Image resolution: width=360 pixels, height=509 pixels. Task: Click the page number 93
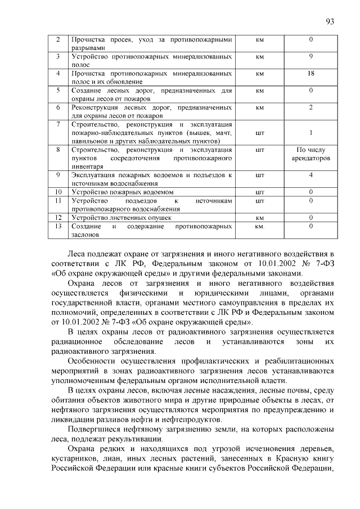(x=330, y=21)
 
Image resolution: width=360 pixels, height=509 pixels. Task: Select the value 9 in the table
(x=310, y=57)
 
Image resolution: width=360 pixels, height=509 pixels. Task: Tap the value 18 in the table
(x=310, y=73)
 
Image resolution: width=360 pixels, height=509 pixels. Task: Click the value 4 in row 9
(x=310, y=175)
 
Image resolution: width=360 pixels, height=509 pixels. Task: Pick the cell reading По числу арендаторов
(x=310, y=154)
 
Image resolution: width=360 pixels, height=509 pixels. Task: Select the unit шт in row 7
(x=260, y=133)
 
